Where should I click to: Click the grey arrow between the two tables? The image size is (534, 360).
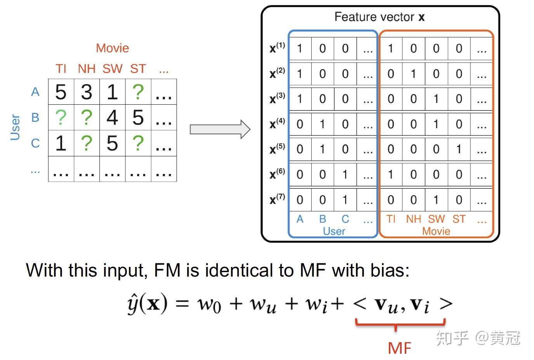(220, 129)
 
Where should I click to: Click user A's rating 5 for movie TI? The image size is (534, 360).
(61, 92)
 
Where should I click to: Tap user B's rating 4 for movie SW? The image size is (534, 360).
(112, 118)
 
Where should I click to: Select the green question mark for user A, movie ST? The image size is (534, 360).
(138, 92)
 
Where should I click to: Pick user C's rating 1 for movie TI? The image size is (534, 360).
(61, 143)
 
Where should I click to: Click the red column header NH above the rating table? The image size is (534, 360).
(87, 69)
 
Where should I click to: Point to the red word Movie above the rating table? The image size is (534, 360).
(113, 48)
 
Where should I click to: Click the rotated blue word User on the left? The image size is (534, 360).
(15, 127)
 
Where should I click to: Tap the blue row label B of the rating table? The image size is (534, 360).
(35, 118)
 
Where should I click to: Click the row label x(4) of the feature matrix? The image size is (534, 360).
(277, 123)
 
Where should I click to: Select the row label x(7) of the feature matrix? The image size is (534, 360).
(277, 199)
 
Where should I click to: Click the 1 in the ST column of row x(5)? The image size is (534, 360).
(459, 149)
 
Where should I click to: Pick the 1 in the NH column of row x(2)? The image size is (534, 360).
(413, 74)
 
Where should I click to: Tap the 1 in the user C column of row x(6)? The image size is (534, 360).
(345, 175)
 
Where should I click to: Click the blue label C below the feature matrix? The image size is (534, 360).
(345, 219)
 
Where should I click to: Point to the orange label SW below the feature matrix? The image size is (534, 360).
(436, 219)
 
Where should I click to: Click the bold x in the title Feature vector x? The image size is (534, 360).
(421, 17)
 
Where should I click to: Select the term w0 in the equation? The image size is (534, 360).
(209, 305)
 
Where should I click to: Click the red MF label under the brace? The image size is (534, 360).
(400, 348)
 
